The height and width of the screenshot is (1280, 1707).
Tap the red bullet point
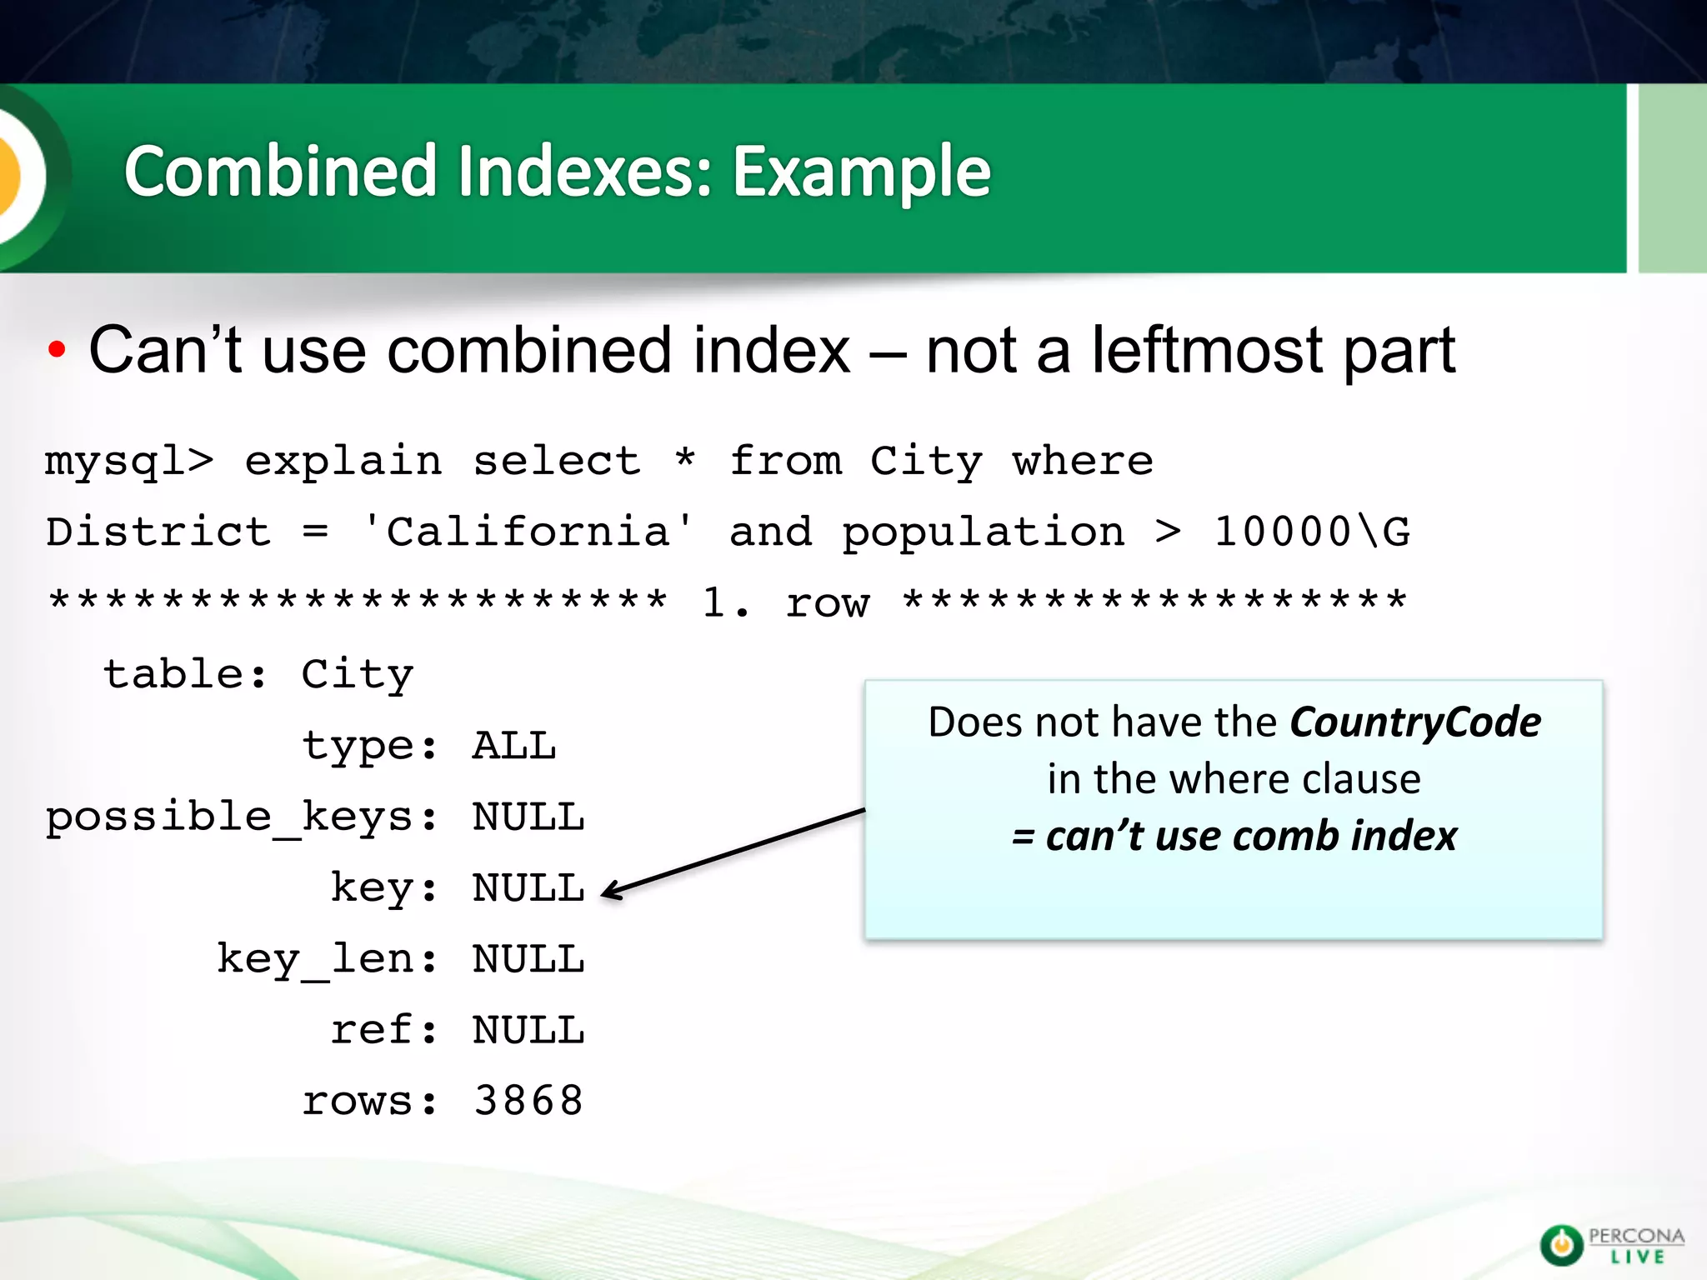coord(57,351)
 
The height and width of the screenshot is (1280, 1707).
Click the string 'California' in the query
coord(528,532)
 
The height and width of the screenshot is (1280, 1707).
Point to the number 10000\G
coord(1311,532)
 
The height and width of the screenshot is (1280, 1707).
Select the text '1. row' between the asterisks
coord(785,602)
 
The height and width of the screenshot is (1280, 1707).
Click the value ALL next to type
coord(514,746)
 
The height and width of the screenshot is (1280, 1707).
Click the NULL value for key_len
coord(528,959)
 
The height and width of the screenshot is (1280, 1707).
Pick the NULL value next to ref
coord(528,1030)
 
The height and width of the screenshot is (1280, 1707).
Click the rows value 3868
coord(528,1101)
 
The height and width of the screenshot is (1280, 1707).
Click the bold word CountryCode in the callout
coord(1415,722)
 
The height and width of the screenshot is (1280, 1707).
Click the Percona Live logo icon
coord(1560,1245)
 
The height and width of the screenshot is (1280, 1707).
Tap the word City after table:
coord(357,675)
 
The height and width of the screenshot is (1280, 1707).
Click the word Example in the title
coord(861,172)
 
